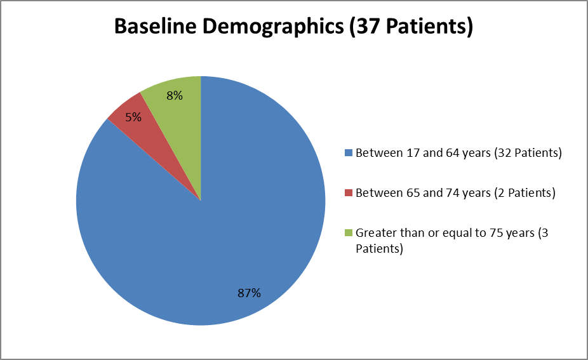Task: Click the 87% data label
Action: pos(249,293)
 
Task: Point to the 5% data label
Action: pos(133,117)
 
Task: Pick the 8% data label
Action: pos(175,96)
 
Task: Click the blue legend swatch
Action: pos(349,152)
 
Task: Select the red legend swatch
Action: pos(349,193)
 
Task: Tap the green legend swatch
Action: pos(349,233)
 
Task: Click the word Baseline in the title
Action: pos(155,26)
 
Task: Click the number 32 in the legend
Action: pos(505,153)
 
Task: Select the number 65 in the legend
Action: pos(413,193)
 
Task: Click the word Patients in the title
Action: pos(426,26)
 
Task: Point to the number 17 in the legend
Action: pos(413,153)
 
